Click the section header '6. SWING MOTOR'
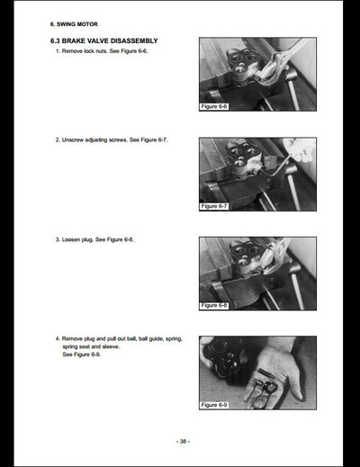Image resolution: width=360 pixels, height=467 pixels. coord(74,24)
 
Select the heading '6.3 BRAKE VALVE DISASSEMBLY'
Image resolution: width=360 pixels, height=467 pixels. coord(104,40)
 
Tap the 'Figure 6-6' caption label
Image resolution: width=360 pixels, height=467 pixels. coord(214,106)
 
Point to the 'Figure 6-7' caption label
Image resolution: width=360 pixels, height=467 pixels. coord(214,206)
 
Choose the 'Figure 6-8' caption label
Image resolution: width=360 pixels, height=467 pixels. coord(214,305)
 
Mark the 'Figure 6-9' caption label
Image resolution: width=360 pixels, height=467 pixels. coord(214,405)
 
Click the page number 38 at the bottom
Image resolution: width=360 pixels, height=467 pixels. coord(183,441)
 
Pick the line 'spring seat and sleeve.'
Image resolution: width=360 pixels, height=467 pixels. coord(91,346)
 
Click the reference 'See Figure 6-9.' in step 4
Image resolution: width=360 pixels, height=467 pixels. coord(82,355)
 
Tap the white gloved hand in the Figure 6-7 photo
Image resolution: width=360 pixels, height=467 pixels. coord(300,150)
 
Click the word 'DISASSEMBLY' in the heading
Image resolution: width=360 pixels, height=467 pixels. coord(134,40)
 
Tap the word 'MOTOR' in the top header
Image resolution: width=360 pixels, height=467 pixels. coord(87,24)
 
